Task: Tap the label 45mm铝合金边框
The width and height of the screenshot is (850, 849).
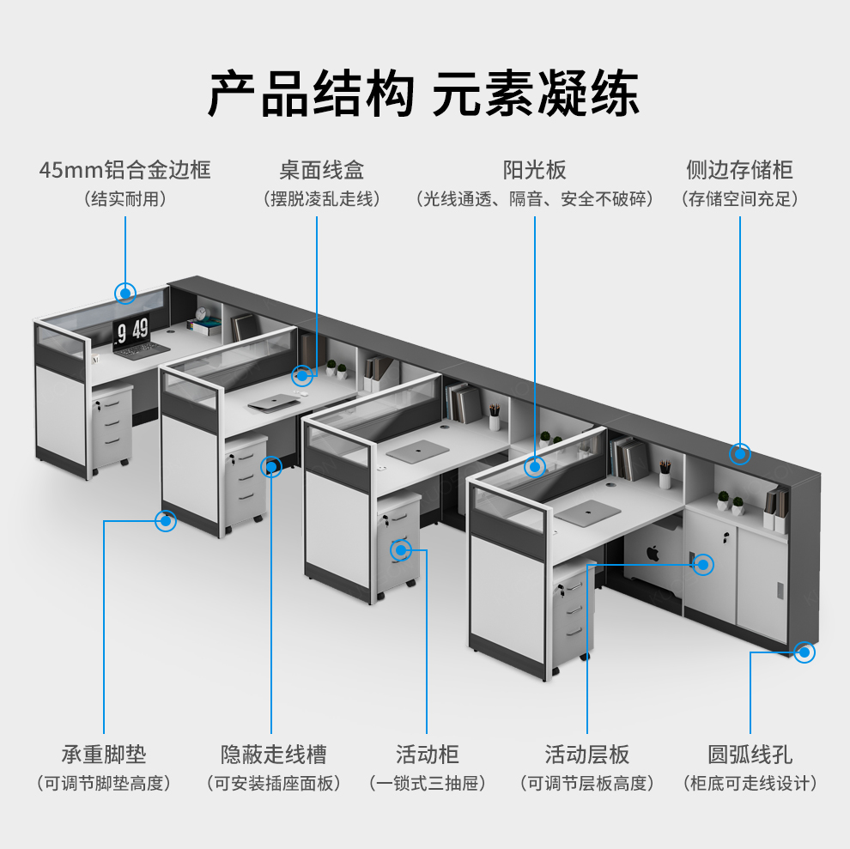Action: coord(124,169)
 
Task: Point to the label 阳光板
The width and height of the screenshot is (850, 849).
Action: coord(534,169)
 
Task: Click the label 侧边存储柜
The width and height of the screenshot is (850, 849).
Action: coord(739,169)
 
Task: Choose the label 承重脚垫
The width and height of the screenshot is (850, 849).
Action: coord(104,755)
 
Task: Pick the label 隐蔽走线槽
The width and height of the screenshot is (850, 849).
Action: coord(273,755)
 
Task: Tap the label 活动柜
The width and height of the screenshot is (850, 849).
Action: coord(428,755)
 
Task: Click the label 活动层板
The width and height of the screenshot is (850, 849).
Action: coord(587,755)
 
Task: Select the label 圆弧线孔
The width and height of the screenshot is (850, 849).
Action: coord(750,755)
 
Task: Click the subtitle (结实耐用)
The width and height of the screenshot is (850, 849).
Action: coord(124,199)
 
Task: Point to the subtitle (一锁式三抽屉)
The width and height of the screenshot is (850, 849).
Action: coord(428,783)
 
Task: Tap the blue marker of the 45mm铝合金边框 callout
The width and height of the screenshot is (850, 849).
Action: coord(125,294)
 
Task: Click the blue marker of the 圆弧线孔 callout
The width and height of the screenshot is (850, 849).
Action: coord(804,652)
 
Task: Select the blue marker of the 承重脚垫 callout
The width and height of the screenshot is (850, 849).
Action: coord(165,520)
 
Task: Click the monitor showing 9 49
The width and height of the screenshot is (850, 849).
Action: coord(132,329)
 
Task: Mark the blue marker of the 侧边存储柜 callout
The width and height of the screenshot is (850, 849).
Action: coord(740,452)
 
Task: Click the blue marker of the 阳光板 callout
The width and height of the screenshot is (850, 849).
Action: coord(535,467)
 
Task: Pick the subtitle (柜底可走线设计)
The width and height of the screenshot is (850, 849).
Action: coord(750,783)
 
